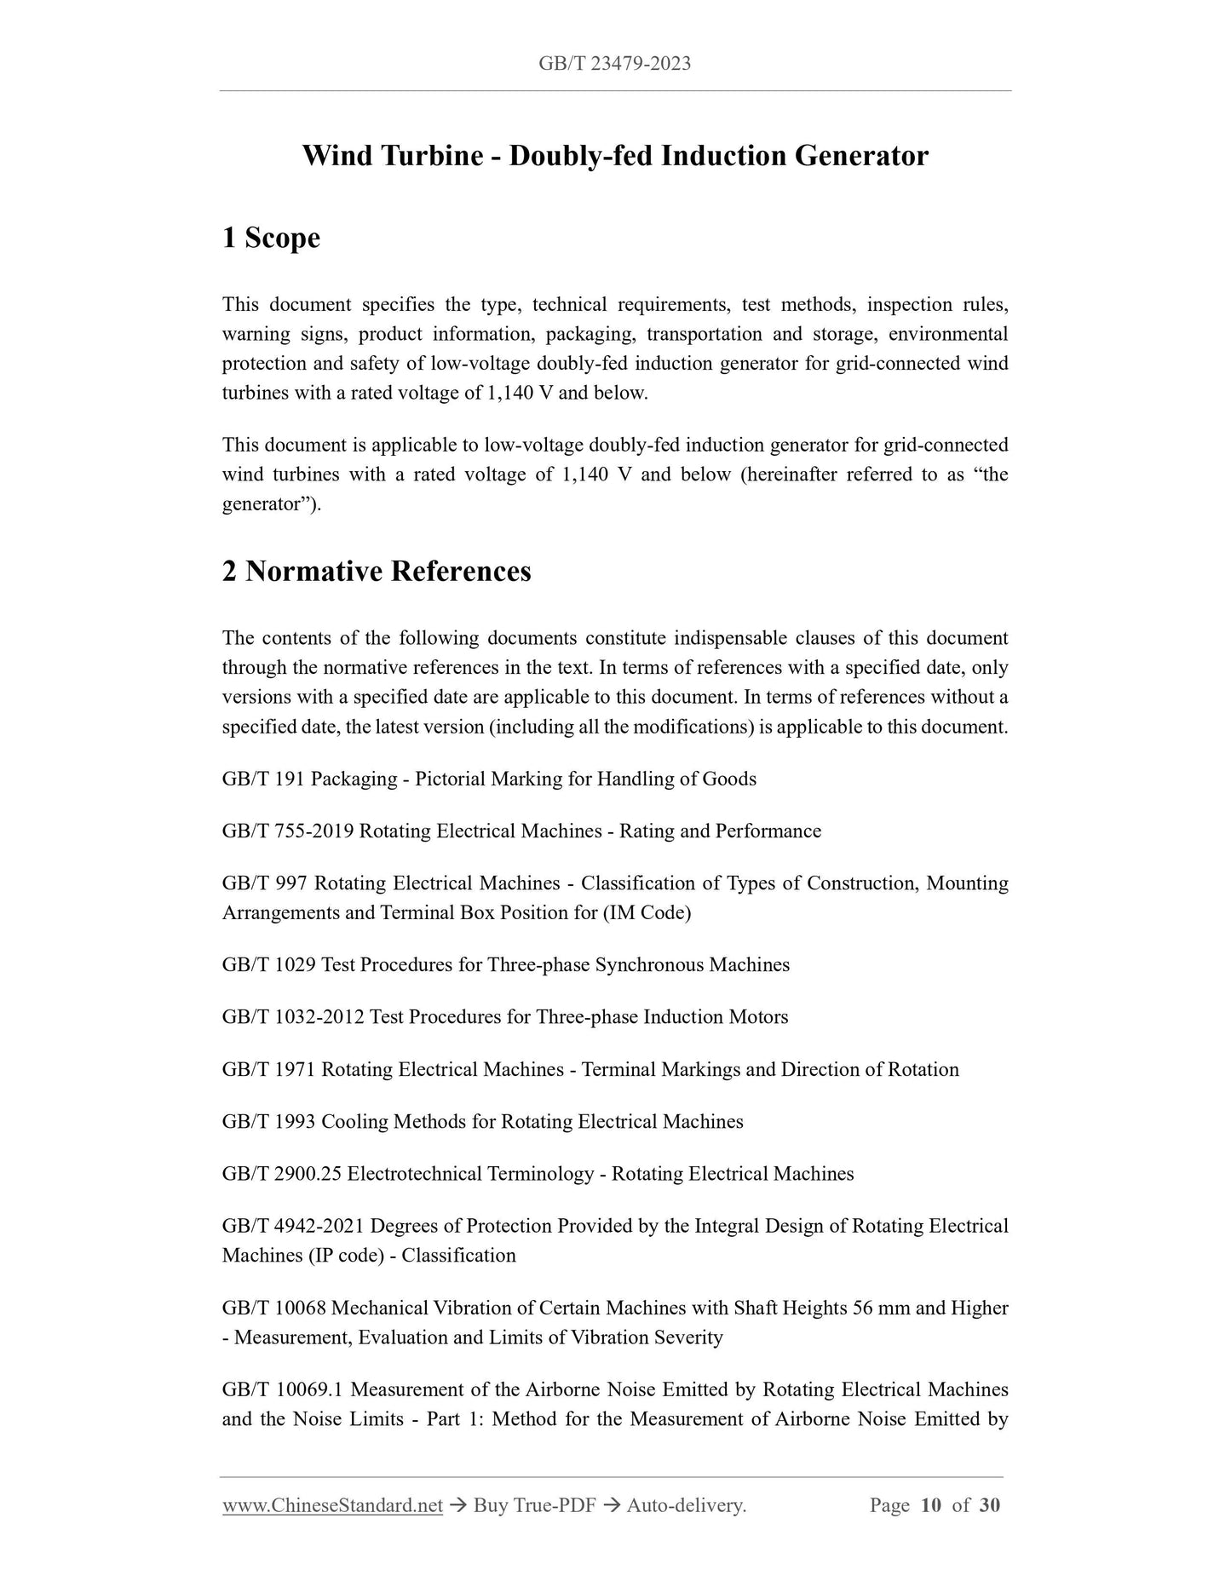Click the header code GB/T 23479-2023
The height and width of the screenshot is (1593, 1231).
pyautogui.click(x=614, y=63)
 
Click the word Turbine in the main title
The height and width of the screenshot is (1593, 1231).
pyautogui.click(x=431, y=156)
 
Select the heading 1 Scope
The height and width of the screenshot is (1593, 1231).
pyautogui.click(x=271, y=238)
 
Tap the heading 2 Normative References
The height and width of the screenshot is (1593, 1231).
pyautogui.click(x=376, y=571)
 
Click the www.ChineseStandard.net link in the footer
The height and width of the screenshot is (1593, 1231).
pyautogui.click(x=332, y=1505)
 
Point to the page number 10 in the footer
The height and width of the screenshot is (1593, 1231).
pyautogui.click(x=930, y=1505)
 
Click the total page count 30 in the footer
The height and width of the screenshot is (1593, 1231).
pyautogui.click(x=989, y=1505)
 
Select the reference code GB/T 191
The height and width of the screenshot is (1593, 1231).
pyautogui.click(x=263, y=779)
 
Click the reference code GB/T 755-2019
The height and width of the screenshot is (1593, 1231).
pyautogui.click(x=288, y=831)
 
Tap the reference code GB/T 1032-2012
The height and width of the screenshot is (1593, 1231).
pyautogui.click(x=293, y=1016)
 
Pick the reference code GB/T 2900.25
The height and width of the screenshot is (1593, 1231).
pyautogui.click(x=282, y=1173)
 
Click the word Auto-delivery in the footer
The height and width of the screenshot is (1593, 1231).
pyautogui.click(x=685, y=1505)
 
